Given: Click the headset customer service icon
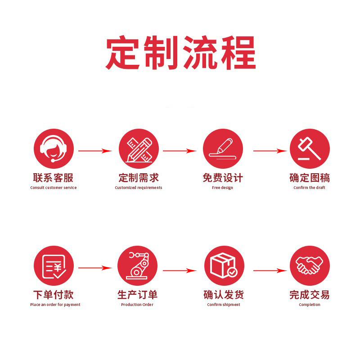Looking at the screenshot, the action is coord(54,148).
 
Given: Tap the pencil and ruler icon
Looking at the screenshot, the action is coord(139,148).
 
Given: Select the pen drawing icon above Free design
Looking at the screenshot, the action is coord(223,148).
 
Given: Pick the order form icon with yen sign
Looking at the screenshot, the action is coord(54,265).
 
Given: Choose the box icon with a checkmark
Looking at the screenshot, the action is coord(224,265).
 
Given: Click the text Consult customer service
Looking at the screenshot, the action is coord(54,188).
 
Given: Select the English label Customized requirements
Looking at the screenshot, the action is coord(139,188).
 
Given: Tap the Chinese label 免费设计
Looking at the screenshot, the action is coord(223,178).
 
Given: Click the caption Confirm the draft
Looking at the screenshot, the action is coord(309,188).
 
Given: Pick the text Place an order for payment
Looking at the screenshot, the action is coord(55,305).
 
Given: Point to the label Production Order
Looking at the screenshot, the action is coord(137,305).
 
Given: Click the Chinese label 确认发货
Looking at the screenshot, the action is coord(224,295).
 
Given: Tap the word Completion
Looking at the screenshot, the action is coord(310,305).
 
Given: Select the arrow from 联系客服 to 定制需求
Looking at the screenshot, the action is coord(95,151).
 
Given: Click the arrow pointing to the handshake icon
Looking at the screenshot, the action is coord(270,270).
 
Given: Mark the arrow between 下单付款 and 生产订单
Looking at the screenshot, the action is coord(95,268).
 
